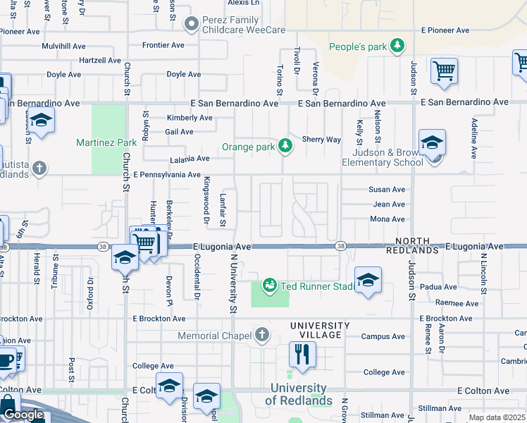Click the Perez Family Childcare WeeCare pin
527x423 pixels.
pyautogui.click(x=191, y=25)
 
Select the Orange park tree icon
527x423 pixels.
pyautogui.click(x=285, y=146)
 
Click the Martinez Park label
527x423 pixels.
pyautogui.click(x=106, y=142)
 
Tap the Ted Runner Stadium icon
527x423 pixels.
pyautogui.click(x=269, y=286)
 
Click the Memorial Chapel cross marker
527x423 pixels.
pyautogui.click(x=262, y=335)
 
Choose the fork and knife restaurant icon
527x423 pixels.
pyautogui.click(x=302, y=354)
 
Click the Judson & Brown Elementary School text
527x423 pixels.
pyautogui.click(x=383, y=157)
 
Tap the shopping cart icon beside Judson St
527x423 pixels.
pyautogui.click(x=444, y=70)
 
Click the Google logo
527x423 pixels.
pyautogui.click(x=23, y=415)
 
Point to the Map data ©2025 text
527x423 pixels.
pyautogui.click(x=497, y=417)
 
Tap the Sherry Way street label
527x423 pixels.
pyautogui.click(x=321, y=140)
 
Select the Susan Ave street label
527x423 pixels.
pyautogui.click(x=387, y=190)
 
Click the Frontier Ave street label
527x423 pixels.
pyautogui.click(x=163, y=45)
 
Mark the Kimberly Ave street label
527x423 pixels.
pyautogui.click(x=189, y=118)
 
